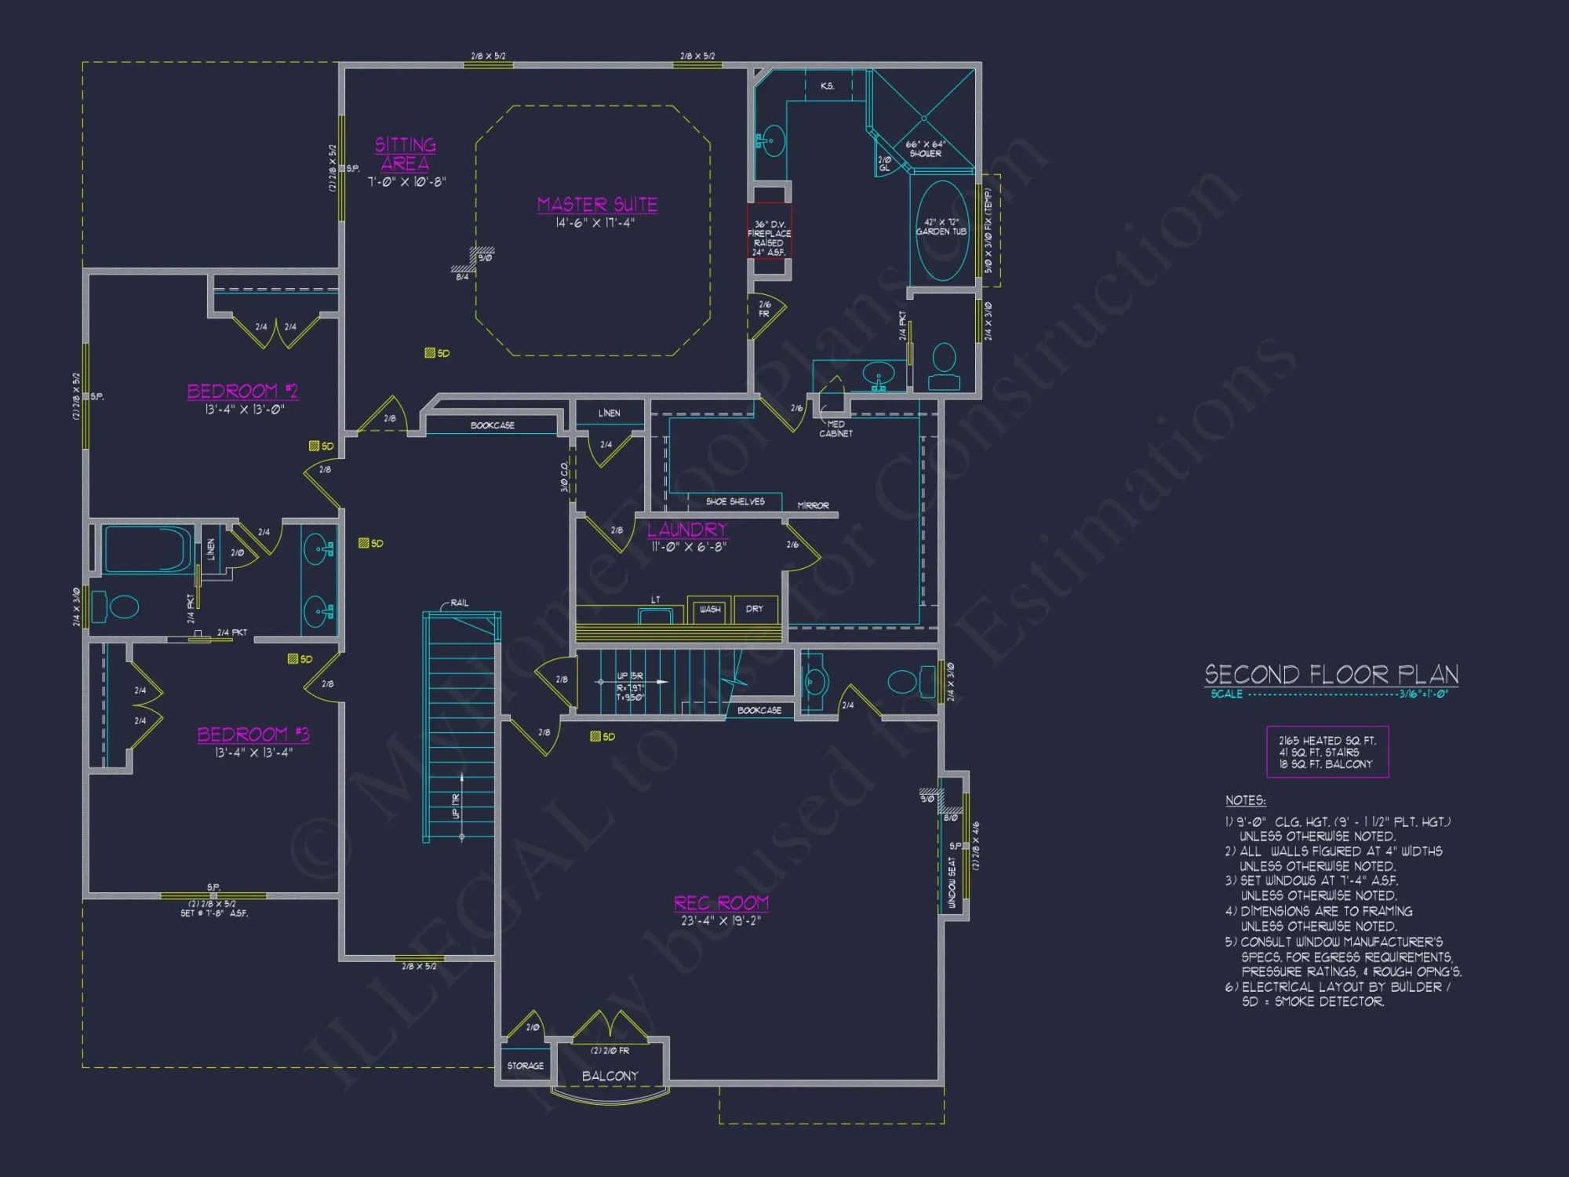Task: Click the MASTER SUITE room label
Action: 597,205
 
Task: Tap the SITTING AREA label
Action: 405,154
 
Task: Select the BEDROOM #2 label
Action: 242,391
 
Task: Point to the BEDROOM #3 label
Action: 253,734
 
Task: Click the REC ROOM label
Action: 721,903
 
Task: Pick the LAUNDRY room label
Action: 687,530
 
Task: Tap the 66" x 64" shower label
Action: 926,149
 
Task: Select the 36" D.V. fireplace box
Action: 768,232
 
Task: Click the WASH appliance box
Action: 709,610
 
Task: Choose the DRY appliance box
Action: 755,610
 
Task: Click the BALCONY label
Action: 610,1076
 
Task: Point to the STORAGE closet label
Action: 525,1066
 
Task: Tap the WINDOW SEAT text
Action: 952,883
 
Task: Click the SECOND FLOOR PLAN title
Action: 1331,675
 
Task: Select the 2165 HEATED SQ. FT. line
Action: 1327,740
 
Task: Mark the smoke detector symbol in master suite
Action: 430,353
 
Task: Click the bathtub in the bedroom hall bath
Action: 147,549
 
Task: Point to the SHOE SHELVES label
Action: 735,501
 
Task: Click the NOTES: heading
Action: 1245,800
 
